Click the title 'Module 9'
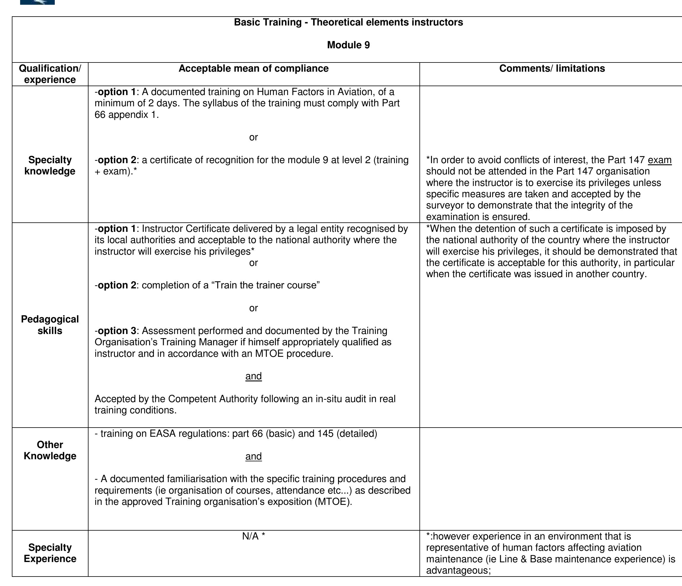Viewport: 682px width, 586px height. (x=348, y=45)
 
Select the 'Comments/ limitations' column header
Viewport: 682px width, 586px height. (x=552, y=68)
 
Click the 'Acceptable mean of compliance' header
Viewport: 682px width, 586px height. (x=253, y=68)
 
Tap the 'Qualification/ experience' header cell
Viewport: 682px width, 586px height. (x=50, y=74)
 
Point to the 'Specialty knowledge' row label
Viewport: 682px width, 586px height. (x=50, y=166)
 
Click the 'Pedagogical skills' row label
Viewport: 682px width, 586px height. (x=50, y=325)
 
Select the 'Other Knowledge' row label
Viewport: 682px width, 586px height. (x=50, y=450)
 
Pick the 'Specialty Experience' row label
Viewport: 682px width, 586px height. (x=50, y=553)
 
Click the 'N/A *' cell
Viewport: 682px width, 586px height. (x=253, y=537)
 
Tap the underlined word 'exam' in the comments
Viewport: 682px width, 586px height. (x=659, y=160)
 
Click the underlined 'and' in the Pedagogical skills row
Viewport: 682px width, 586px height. (x=253, y=376)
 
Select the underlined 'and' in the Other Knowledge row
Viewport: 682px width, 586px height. (x=253, y=456)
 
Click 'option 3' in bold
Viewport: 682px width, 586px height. (x=117, y=331)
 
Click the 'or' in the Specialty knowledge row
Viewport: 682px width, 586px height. (x=253, y=137)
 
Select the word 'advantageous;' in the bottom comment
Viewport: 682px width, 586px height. (x=458, y=571)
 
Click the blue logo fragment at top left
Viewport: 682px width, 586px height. (x=37, y=2)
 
